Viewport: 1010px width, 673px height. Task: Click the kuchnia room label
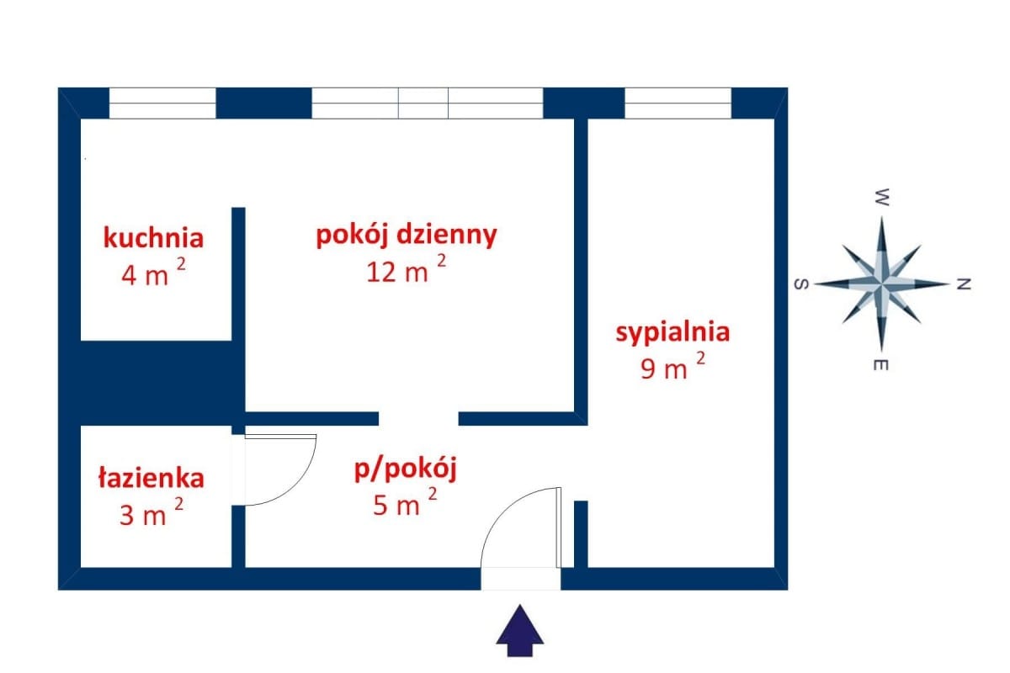153,238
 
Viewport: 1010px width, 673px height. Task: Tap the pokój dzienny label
407,235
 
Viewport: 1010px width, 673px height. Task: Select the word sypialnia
672,332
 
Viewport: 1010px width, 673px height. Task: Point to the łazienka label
151,479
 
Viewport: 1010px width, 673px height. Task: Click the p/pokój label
406,469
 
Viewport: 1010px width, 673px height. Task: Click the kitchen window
162,103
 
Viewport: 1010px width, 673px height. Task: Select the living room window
427,103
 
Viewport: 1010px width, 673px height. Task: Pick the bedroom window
678,103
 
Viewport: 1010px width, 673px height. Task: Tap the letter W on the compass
882,199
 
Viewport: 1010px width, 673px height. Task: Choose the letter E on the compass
882,365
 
